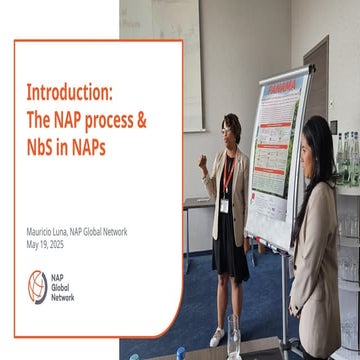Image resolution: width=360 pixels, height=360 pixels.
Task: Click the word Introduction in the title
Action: point(69,93)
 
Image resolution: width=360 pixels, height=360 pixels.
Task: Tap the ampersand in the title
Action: point(141,119)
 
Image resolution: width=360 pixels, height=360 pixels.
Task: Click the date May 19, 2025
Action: point(44,243)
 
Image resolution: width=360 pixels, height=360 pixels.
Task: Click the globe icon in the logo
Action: point(37,287)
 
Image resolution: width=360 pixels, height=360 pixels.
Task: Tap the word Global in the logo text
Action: point(62,288)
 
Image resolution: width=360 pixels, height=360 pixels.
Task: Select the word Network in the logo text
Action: point(65,297)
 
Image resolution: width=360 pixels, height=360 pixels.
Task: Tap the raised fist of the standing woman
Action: point(203,160)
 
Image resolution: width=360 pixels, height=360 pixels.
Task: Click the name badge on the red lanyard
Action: point(225,204)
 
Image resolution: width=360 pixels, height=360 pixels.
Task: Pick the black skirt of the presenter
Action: point(230,255)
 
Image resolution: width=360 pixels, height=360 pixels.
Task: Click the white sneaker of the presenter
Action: point(217,337)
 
